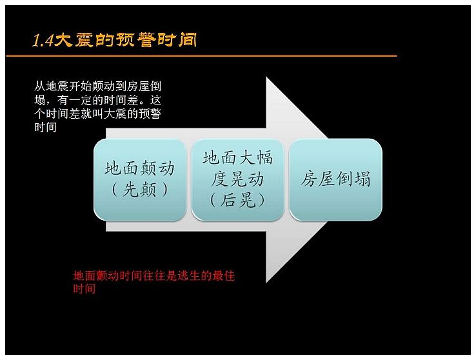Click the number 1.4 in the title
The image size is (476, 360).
click(43, 41)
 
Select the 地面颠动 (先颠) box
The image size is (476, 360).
click(140, 180)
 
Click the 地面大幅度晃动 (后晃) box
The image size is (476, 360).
click(238, 180)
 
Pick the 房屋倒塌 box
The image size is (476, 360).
click(335, 180)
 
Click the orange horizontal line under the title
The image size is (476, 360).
click(201, 56)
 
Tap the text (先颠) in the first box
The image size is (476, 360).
click(140, 190)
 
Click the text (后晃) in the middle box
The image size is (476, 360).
click(238, 201)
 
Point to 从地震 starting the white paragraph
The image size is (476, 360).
click(52, 86)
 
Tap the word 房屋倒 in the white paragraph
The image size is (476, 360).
click(144, 86)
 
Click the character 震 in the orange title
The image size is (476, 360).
click(84, 40)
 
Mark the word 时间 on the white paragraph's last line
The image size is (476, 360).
click(46, 127)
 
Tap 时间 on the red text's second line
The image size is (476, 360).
click(84, 288)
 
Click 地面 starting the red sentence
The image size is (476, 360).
click(84, 275)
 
